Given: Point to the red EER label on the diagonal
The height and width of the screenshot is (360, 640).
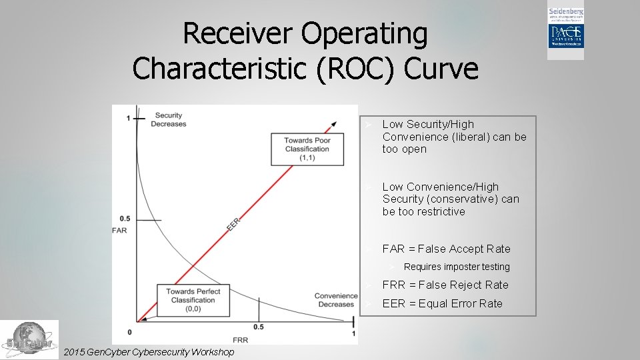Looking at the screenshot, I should [x=233, y=223].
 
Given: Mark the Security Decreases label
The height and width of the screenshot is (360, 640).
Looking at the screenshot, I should [x=168, y=119].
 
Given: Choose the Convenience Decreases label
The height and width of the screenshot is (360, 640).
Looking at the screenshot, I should [x=336, y=300].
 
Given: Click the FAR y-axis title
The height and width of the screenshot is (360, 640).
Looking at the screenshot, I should [x=120, y=231].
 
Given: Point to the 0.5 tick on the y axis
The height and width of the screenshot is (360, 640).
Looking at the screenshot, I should [x=124, y=219].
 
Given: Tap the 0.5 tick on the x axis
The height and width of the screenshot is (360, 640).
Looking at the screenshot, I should [x=258, y=327].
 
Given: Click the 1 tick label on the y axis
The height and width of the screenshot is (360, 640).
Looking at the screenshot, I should [x=128, y=119].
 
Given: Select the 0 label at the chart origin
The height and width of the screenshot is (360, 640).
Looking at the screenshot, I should [x=129, y=332].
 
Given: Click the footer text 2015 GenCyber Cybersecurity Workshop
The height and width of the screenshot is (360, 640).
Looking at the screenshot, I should [x=147, y=352].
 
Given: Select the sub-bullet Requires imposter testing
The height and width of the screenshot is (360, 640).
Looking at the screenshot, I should [x=456, y=267].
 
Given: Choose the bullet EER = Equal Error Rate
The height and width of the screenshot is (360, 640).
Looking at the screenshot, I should [x=442, y=303].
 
